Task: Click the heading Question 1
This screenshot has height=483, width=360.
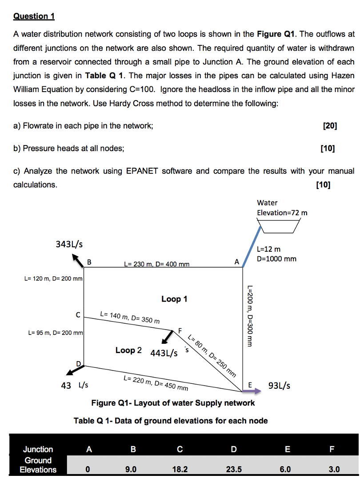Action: pos(34,16)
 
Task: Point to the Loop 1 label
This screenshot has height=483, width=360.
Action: pos(174,299)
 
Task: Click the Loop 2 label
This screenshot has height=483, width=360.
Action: pos(128,350)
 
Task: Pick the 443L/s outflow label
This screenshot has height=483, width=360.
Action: pos(164,354)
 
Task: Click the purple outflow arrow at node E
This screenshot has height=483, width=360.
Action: pos(252,391)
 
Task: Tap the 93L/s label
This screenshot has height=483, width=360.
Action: pos(280,385)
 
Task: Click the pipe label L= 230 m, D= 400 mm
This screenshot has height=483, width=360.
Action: pos(156,265)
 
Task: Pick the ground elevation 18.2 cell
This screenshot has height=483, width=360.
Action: pos(179,469)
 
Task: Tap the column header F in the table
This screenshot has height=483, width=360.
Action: pos(334,450)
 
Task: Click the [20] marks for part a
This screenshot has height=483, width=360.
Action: pos(329,126)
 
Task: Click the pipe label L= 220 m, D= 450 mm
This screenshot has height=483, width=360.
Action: pos(156,383)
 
